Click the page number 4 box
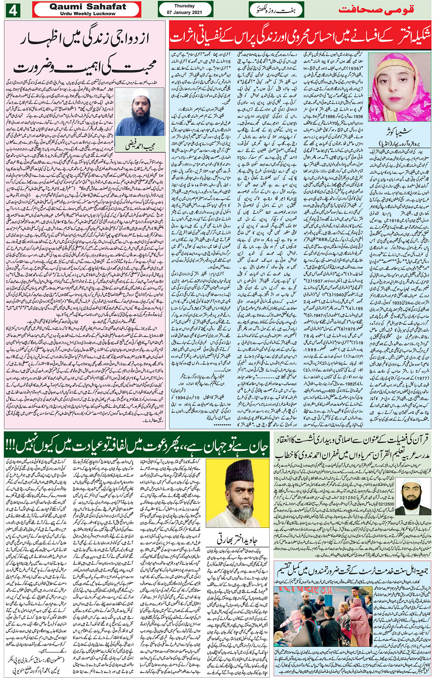tap(12, 10)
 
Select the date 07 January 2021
tap(185, 12)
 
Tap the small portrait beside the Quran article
tap(413, 496)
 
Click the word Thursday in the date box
tap(185, 6)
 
